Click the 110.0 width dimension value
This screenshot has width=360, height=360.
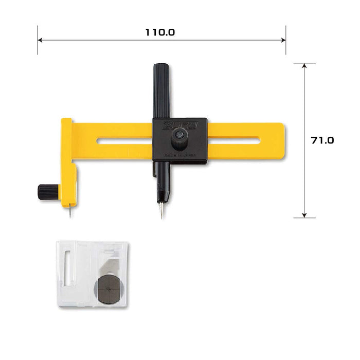[x=160, y=32]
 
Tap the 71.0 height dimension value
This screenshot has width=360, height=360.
[x=322, y=140]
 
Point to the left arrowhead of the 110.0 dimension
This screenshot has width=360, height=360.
[x=39, y=40]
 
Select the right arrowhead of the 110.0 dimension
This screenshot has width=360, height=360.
[x=284, y=40]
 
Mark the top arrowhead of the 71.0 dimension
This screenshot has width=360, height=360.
[x=304, y=65]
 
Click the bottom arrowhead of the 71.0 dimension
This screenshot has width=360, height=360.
[x=304, y=215]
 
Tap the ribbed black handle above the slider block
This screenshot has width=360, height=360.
[x=161, y=90]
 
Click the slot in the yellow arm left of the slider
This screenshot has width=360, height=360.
[x=123, y=141]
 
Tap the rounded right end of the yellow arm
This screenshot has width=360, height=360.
[x=282, y=140]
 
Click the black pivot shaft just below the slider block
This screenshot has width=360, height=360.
[x=161, y=177]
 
